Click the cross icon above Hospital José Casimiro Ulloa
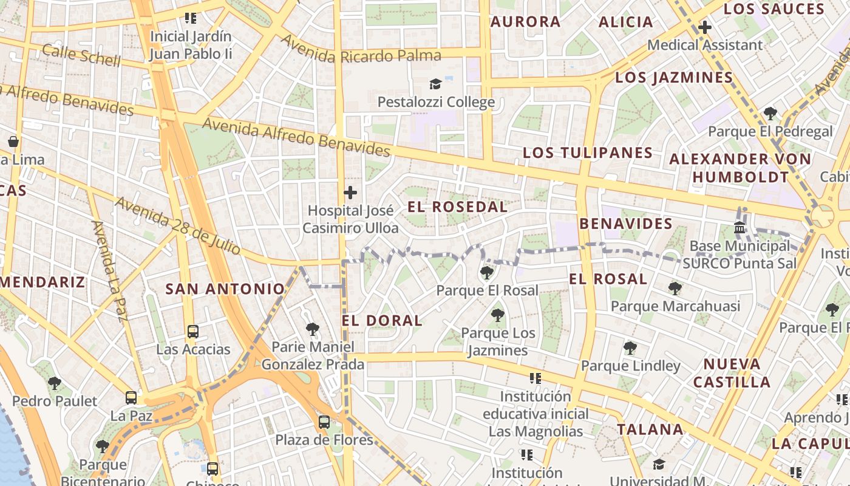(350, 193)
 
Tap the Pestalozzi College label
(436, 102)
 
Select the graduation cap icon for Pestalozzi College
(435, 84)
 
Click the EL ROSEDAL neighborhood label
(457, 207)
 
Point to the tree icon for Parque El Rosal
(486, 272)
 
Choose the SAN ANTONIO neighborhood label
(225, 289)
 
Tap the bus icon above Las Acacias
(193, 332)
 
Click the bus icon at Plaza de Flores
(324, 422)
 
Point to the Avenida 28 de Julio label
(177, 225)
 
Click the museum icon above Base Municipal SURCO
(739, 228)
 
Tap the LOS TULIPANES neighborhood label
(587, 152)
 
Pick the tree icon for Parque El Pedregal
(770, 113)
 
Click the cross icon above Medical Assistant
(705, 27)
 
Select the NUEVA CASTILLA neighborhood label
(732, 373)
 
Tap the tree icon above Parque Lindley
(630, 348)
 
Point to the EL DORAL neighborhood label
(382, 320)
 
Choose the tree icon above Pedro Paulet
(55, 383)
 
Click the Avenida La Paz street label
(110, 270)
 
